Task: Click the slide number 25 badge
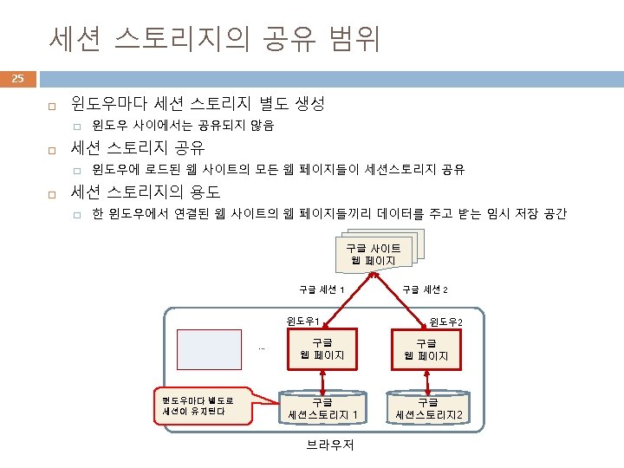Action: [17, 81]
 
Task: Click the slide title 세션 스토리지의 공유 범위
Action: [214, 39]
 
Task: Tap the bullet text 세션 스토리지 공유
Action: [137, 146]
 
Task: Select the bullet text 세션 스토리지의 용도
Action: [145, 191]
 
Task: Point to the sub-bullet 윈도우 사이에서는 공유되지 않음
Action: [183, 126]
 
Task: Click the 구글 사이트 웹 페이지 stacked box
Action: [374, 254]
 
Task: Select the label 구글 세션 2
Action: [431, 289]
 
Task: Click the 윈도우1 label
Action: [304, 322]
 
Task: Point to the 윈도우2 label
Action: [446, 322]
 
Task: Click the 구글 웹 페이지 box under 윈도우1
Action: [322, 349]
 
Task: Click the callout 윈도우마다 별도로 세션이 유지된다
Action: [198, 404]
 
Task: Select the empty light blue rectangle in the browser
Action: [209, 349]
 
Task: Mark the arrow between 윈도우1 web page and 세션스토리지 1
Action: [322, 379]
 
